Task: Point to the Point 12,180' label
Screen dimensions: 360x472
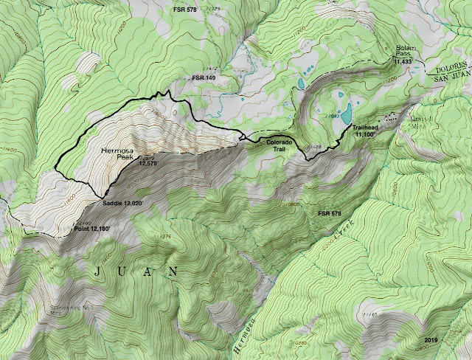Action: click(97, 229)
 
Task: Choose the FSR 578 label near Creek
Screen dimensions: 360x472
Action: click(330, 213)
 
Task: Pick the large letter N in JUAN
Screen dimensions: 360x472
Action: click(173, 271)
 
